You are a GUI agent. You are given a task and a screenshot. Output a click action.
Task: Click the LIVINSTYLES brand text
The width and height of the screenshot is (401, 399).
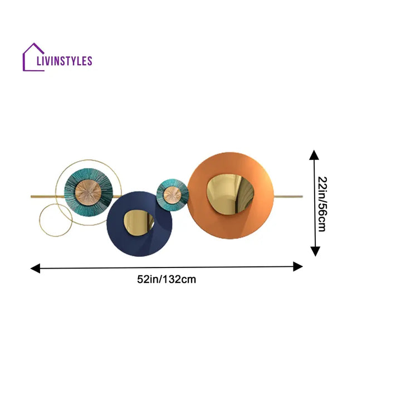63,61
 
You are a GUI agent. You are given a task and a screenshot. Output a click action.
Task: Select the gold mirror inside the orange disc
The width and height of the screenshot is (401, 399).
230,193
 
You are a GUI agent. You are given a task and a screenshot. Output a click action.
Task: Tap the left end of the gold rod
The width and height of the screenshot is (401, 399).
32,197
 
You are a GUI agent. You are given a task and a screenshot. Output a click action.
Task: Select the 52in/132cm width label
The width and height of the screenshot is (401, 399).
167,280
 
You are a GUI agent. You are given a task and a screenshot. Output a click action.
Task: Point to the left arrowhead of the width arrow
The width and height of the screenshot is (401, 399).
35,269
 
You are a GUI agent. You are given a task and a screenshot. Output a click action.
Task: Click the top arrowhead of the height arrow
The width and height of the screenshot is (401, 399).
315,155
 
